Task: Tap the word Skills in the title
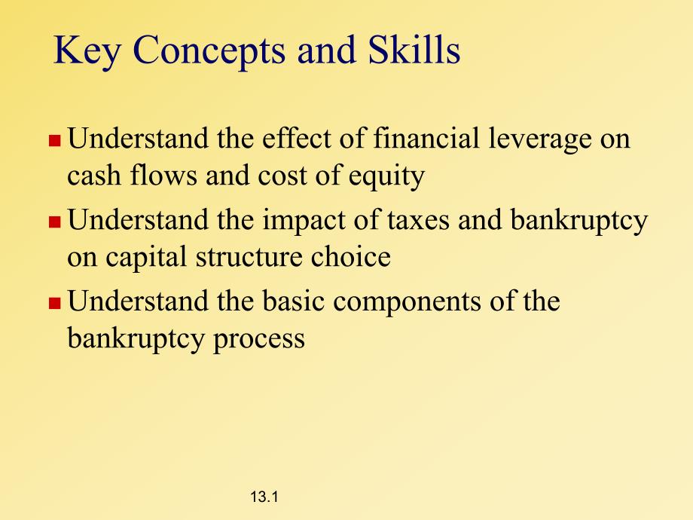pyautogui.click(x=414, y=49)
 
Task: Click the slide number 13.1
pyautogui.click(x=264, y=497)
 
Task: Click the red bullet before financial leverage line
pyautogui.click(x=54, y=141)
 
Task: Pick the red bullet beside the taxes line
pyautogui.click(x=54, y=222)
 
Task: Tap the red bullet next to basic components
pyautogui.click(x=54, y=303)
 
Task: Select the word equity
pyautogui.click(x=386, y=177)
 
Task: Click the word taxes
pyautogui.click(x=418, y=221)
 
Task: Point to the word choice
pyautogui.click(x=351, y=256)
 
